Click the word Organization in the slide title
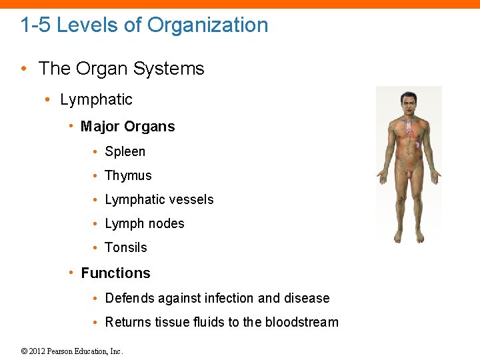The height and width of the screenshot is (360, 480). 207,25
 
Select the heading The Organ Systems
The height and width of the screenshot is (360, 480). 121,69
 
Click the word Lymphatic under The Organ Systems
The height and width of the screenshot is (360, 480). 96,99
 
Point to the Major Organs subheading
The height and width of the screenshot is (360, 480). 127,127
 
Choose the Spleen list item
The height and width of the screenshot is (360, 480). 125,151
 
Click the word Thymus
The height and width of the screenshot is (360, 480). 128,175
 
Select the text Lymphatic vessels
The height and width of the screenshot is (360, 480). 159,199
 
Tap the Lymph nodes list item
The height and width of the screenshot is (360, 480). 144,223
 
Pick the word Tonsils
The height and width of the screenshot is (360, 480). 125,247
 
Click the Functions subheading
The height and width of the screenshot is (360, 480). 115,273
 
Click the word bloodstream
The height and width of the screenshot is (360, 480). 301,322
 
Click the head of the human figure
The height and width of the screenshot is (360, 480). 408,103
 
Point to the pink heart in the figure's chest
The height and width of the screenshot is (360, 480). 411,133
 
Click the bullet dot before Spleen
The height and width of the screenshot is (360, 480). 97,152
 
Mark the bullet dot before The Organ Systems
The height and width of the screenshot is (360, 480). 25,69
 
